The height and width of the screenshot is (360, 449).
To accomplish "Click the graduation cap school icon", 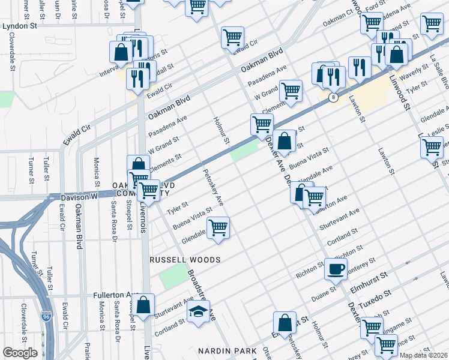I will point(198,311).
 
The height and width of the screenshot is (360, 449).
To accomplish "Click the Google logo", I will point(20,353).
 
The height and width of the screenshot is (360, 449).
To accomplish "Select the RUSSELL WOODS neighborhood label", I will point(185,260).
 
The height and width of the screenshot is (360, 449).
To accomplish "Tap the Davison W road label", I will point(79,197).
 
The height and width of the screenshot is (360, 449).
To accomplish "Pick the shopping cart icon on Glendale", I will point(218,228).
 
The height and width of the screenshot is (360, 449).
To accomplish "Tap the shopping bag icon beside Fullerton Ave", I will point(144,304).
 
